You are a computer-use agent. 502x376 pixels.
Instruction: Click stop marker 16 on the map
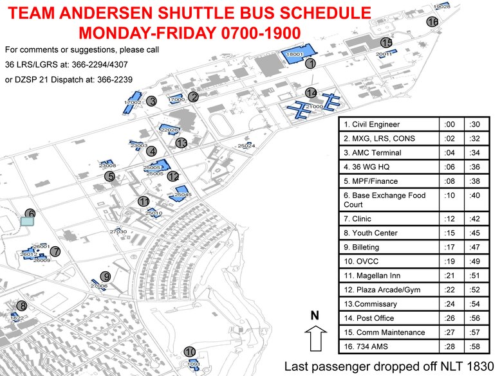pyautogui.click(x=432, y=22)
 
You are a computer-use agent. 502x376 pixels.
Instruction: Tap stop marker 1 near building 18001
pyautogui.click(x=310, y=64)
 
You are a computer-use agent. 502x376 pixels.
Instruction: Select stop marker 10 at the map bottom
pyautogui.click(x=189, y=352)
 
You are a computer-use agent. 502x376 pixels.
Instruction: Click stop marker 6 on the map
pyautogui.click(x=30, y=214)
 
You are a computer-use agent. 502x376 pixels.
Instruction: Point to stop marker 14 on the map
pyautogui.click(x=311, y=93)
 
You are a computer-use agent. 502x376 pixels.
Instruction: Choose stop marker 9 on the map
pyautogui.click(x=106, y=276)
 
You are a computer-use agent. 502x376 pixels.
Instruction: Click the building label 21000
pyautogui.click(x=314, y=107)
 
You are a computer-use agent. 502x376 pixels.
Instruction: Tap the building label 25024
pyautogui.click(x=246, y=146)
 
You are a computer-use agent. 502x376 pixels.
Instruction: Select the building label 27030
pyautogui.click(x=118, y=231)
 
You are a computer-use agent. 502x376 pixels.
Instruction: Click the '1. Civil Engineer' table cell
pyautogui.click(x=389, y=125)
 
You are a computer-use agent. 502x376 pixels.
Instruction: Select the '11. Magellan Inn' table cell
pyautogui.click(x=389, y=276)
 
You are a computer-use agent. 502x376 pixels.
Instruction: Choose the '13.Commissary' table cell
pyautogui.click(x=389, y=304)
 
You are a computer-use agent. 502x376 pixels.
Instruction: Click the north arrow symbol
pyautogui.click(x=315, y=337)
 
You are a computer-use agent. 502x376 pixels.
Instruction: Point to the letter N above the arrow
pyautogui.click(x=315, y=316)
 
